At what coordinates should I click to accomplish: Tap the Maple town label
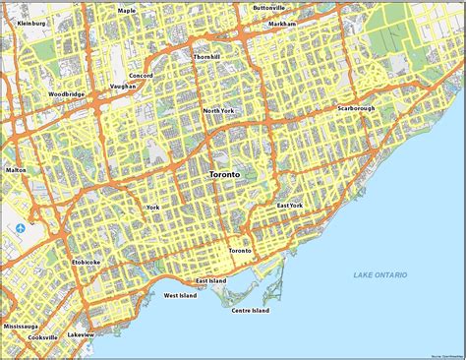coord(127,11)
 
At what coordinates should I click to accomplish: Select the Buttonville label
coord(267,8)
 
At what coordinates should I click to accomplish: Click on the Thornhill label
coord(207,57)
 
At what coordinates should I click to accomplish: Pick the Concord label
coord(140,74)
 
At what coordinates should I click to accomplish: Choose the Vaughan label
coord(123,87)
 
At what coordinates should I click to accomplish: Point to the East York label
coord(289,206)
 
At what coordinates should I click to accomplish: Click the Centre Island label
coord(251,311)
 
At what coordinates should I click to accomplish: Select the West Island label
coord(181,295)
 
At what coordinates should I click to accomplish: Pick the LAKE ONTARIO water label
coord(380,274)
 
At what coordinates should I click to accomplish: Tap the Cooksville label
coord(42,337)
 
